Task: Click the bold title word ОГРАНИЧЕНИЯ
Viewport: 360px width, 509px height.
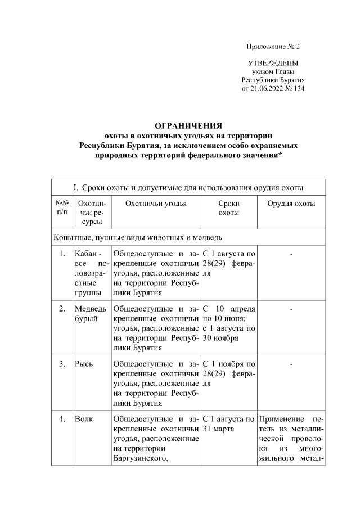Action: [x=188, y=125]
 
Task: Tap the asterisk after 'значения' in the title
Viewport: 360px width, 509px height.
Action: [x=280, y=156]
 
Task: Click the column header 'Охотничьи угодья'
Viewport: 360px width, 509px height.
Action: [x=156, y=204]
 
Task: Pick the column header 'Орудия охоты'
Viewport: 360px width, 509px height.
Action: [x=291, y=204]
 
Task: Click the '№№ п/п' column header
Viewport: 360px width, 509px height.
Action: [x=62, y=208]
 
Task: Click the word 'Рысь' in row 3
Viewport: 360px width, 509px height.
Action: [x=84, y=363]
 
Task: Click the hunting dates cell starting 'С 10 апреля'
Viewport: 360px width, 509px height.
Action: [x=229, y=323]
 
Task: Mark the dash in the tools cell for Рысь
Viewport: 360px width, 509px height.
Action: [x=291, y=363]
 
